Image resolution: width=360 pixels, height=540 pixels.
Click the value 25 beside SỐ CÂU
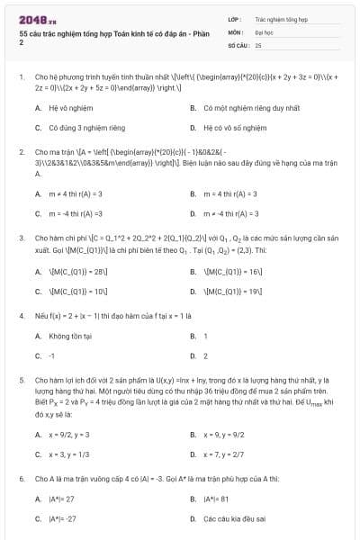(x=258, y=44)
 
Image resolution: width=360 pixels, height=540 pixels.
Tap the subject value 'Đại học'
(x=264, y=31)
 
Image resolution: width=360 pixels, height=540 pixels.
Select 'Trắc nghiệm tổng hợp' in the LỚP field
(x=281, y=18)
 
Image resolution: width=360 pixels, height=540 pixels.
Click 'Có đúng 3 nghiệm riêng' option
(x=86, y=127)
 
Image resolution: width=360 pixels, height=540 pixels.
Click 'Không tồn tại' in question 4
(x=69, y=336)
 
